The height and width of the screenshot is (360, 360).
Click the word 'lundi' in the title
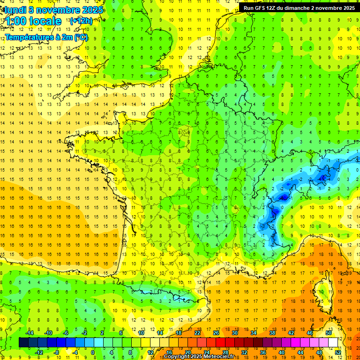coord(15,10)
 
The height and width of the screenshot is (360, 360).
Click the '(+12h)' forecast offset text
coord(81,21)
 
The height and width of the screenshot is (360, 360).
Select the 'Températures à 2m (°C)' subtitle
coord(46,37)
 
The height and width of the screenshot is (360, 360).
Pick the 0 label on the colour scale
coord(92,352)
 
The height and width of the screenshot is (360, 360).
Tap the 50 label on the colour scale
coord(328,333)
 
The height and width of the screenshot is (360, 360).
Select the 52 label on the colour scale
coord(338,352)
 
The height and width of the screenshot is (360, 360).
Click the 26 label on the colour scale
coord(216,333)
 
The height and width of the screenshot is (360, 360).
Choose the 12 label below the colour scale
coord(150,352)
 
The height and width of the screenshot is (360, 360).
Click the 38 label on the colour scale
coord(272,333)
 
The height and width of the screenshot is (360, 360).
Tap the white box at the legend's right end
coord(333,343)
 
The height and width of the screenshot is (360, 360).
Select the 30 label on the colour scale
coord(234,333)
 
